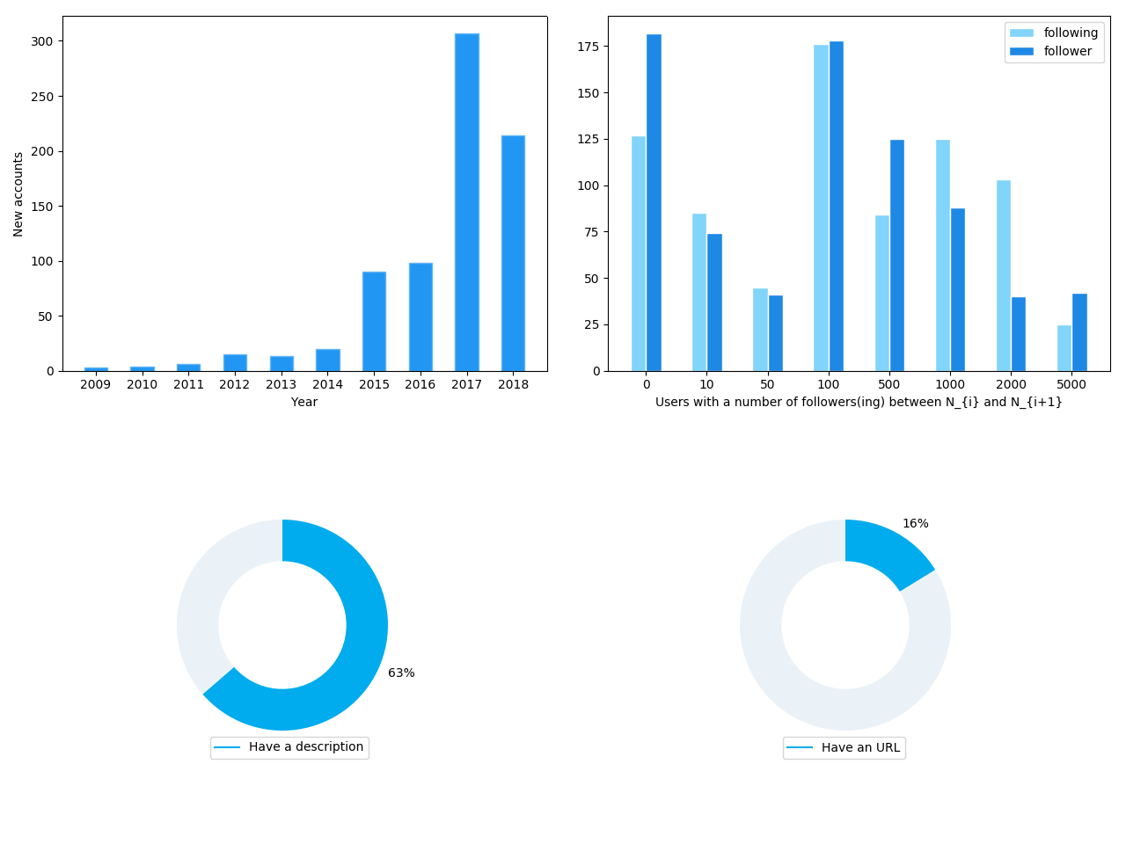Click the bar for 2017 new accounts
coord(467,202)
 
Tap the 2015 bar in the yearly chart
coord(374,322)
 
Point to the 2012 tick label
coord(235,384)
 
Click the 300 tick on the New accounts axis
coord(41,41)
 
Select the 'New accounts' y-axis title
coord(18,193)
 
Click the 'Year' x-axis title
coord(304,402)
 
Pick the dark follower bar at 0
coord(654,202)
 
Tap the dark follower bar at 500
coord(897,255)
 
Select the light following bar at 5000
coord(1064,348)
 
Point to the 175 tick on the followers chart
coord(589,47)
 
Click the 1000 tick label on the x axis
coord(950,384)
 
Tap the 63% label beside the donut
coord(401,673)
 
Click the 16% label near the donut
coord(915,523)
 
